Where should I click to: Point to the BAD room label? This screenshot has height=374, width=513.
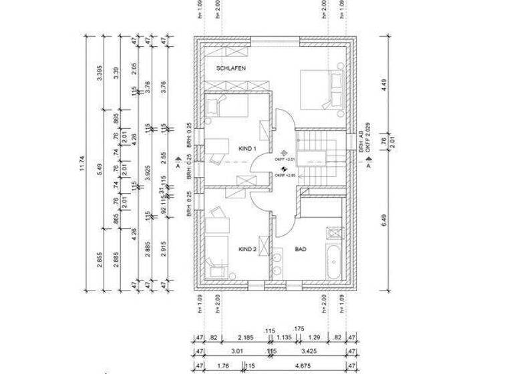click(x=301, y=249)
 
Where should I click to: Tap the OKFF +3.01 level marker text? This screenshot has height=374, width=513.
click(x=285, y=160)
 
